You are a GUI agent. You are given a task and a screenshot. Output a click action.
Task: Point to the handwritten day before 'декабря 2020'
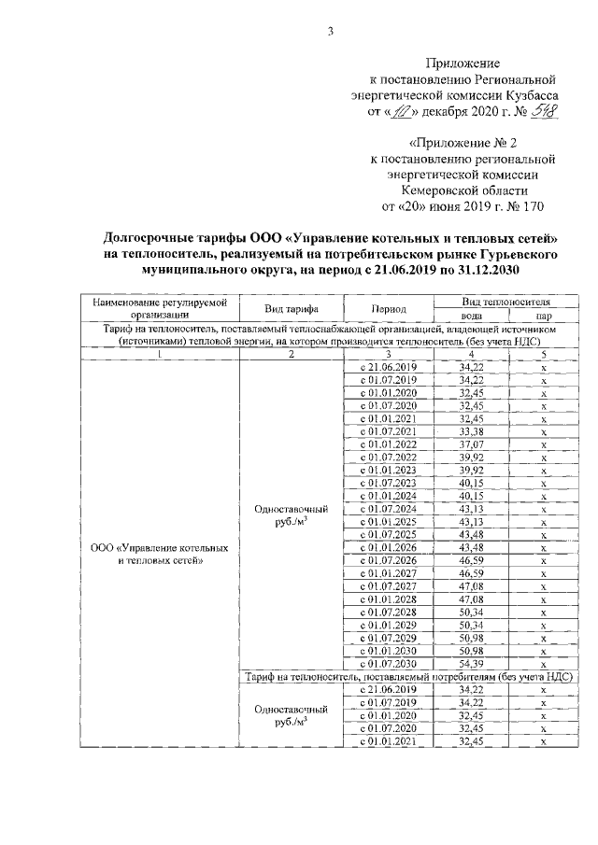click(x=400, y=112)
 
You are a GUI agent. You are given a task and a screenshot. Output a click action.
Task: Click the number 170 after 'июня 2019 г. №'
click(x=531, y=205)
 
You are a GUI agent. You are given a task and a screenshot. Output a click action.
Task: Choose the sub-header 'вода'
click(x=471, y=316)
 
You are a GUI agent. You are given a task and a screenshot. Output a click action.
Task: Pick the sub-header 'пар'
click(x=543, y=316)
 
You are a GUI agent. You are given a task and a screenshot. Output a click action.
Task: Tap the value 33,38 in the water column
click(x=472, y=432)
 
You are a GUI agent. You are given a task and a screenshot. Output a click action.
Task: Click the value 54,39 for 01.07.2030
click(x=472, y=663)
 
